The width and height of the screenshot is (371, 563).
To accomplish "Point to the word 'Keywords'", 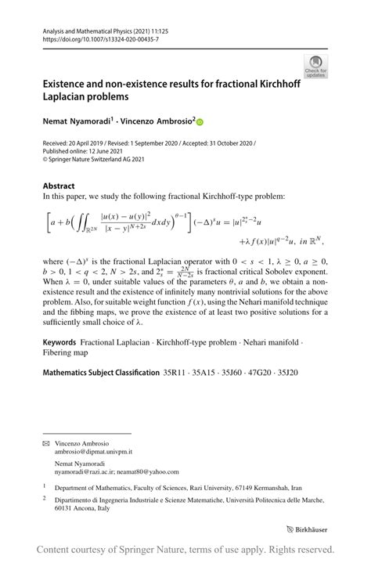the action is (x=59, y=342).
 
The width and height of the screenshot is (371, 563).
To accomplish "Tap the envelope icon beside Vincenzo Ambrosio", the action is (x=47, y=444).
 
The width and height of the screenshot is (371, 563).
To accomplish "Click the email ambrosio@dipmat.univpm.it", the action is (x=93, y=453).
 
